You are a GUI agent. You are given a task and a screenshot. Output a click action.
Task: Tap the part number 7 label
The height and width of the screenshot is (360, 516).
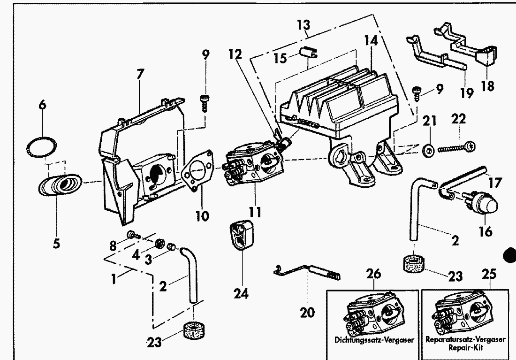point(140,74)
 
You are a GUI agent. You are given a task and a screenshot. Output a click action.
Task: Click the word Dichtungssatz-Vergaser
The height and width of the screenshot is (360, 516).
point(374,339)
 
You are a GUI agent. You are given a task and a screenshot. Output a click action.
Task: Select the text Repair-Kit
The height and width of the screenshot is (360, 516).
point(465,348)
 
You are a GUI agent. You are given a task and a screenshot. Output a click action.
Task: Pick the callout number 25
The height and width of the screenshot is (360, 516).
point(489,274)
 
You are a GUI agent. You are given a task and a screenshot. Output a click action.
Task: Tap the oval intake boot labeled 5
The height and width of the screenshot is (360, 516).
point(60,184)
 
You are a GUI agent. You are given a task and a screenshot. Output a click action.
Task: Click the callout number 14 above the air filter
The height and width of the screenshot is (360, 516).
point(371,41)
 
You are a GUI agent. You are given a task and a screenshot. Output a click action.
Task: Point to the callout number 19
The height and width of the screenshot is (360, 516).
point(467,93)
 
